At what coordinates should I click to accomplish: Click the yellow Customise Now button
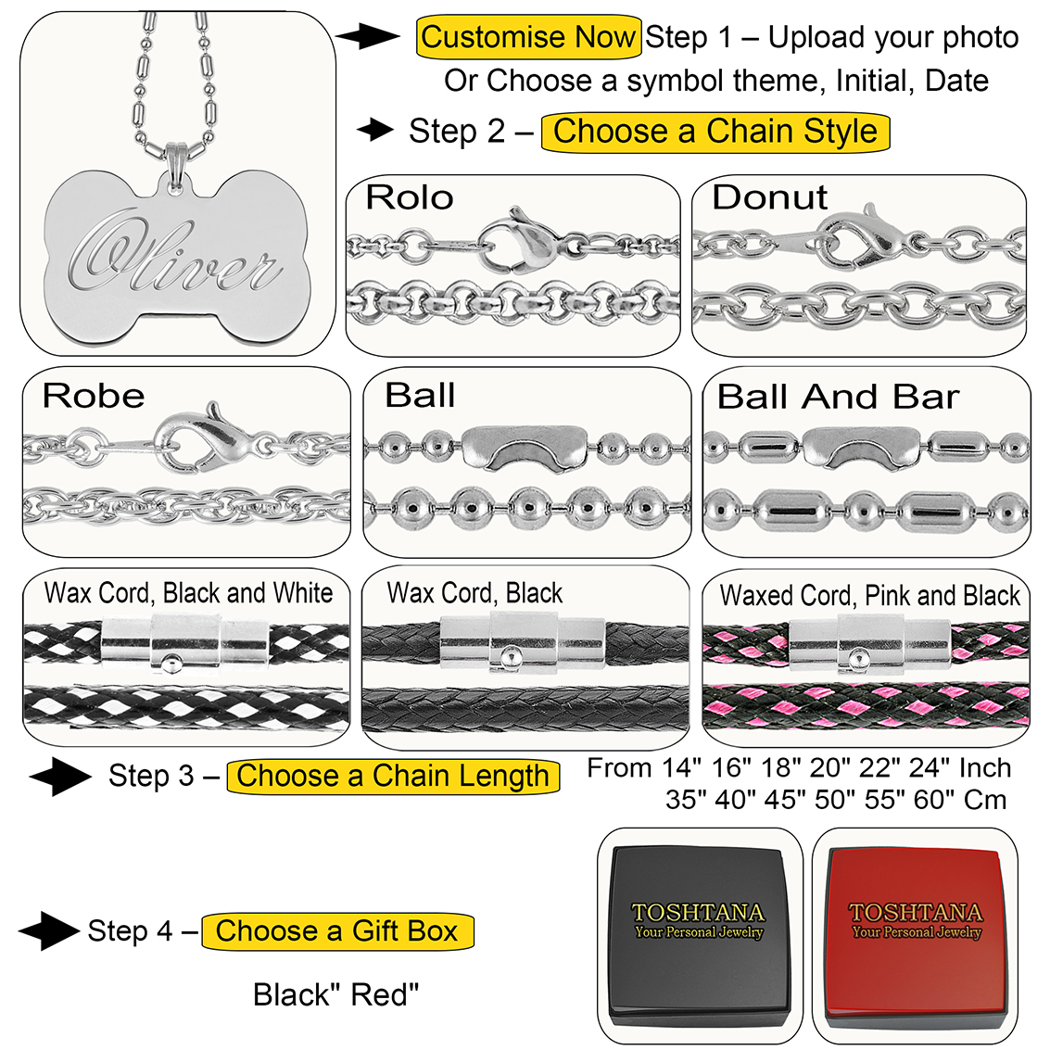click(528, 38)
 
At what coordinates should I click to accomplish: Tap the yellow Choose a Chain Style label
click(715, 132)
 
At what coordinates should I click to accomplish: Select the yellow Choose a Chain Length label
click(393, 776)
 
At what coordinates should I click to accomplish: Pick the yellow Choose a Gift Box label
click(337, 930)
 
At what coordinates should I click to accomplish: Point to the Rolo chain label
click(409, 197)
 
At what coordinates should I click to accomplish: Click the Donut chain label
click(769, 197)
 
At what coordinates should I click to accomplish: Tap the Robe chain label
click(94, 396)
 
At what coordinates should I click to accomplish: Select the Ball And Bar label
click(838, 397)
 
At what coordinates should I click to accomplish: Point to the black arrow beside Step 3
click(58, 777)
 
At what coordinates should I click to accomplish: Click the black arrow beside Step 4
click(47, 930)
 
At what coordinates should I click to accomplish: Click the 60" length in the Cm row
click(933, 800)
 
